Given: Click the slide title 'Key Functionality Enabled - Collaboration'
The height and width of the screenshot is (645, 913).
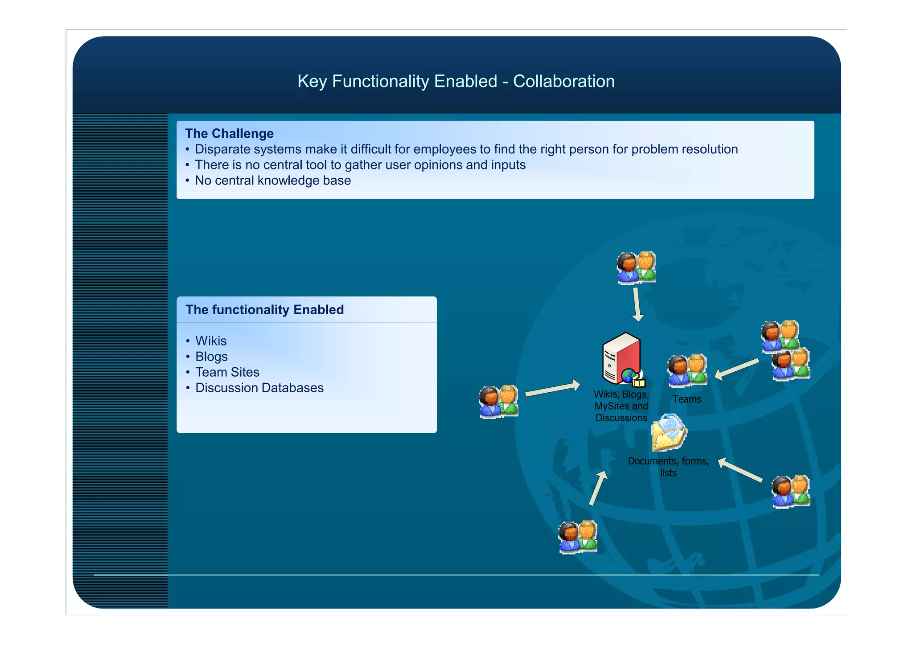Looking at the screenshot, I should coord(456,82).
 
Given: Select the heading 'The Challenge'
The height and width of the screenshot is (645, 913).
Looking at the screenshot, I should coord(229,133).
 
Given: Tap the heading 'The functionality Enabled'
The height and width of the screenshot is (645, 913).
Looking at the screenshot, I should coord(264,309).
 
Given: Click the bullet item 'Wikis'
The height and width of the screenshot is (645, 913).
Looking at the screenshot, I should coord(211,341).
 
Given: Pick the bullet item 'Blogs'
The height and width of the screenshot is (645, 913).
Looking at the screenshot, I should coord(211,357).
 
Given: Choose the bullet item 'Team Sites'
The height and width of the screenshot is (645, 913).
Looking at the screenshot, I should coord(227,372).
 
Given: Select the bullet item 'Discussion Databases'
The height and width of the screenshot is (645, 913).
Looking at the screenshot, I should coord(259,388).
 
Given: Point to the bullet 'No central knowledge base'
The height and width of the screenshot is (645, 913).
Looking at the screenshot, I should coord(273,181).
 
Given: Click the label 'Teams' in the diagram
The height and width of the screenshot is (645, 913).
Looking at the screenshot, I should coord(687,399).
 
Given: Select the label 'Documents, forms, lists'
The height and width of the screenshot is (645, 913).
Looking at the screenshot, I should coord(668,467).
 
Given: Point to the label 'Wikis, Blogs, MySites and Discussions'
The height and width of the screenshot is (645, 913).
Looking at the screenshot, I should coord(621,406).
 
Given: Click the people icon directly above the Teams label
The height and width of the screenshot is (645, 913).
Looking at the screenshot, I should coord(687,370).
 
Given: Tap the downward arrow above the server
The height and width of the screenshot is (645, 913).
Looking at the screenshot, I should coord(637,304).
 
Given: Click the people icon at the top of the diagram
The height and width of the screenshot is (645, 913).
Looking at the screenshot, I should coord(636,267).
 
